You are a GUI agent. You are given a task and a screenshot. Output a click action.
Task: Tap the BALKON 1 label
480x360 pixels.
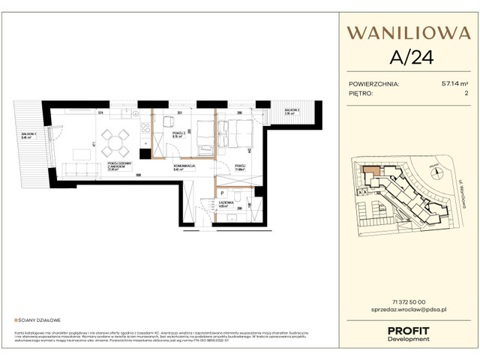coord(31,136)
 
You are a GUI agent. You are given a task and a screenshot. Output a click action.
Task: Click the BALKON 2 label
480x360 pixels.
coord(292,111)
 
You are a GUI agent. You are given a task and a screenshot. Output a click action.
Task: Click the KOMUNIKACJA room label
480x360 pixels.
coord(184,167)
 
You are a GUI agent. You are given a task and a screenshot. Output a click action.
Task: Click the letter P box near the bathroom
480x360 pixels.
coord(223,193)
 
